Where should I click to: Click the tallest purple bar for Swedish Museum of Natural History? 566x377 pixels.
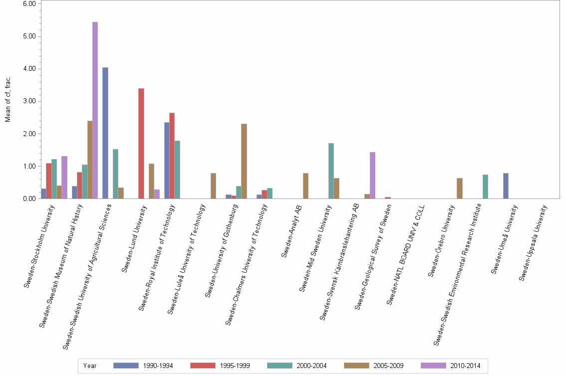(95, 110)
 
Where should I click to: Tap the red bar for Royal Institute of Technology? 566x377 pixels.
(172, 156)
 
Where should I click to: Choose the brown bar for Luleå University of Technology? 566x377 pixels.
(213, 186)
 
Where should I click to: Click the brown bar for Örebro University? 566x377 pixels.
(459, 188)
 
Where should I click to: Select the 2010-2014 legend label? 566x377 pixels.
(465, 366)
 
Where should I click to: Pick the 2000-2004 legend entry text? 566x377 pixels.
(311, 366)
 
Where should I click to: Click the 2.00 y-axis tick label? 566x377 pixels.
(29, 134)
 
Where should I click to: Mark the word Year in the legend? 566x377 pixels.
(90, 366)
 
